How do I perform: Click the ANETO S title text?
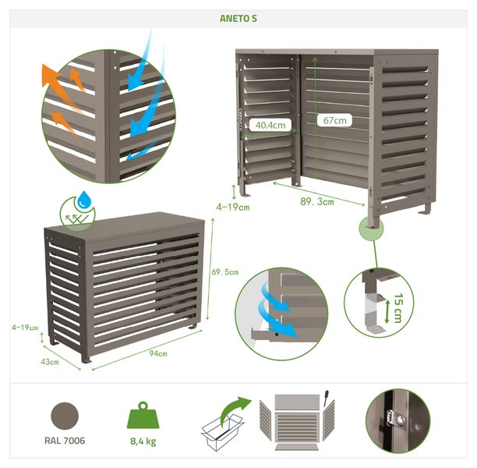coord(238,19)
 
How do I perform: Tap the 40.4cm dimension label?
coord(270,125)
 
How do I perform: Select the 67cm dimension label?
coord(334,120)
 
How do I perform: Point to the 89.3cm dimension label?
coord(317,201)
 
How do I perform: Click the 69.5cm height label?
coord(225,272)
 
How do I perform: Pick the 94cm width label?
coord(158,353)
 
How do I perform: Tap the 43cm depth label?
coord(50,362)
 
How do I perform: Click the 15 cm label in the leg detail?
coord(398,308)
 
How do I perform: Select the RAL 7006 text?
coord(65,441)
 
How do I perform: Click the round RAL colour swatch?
coord(65,416)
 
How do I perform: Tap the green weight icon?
coord(143,415)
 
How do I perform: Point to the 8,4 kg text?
coord(143,441)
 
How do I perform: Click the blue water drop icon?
coord(84,200)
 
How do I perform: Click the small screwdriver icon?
coord(326,398)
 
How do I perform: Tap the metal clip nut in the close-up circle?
coord(395,420)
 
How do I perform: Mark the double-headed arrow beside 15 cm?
coord(387,311)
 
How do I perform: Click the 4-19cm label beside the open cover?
coord(233,207)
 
